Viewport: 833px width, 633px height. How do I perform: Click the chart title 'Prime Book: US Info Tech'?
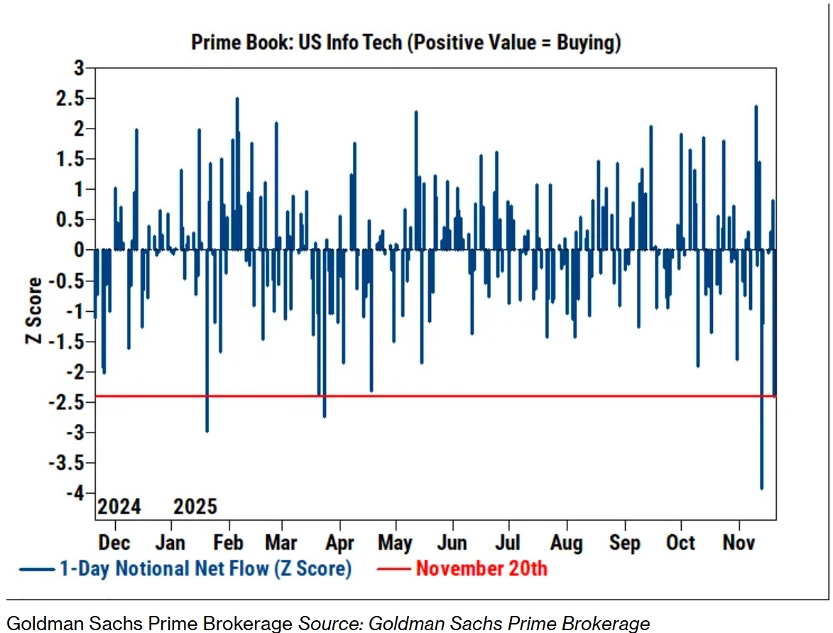pos(405,43)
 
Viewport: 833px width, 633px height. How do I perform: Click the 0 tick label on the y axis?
pos(79,250)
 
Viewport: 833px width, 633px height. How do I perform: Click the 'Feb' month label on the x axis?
pos(229,543)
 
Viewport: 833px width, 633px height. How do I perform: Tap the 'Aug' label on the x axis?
pos(566,543)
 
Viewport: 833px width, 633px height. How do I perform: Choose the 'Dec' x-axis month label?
pos(114,543)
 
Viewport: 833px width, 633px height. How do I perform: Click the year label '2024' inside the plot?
pos(119,507)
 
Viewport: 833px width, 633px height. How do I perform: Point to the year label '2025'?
pos(195,507)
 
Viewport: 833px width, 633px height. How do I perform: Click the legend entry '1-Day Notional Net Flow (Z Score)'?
pos(205,568)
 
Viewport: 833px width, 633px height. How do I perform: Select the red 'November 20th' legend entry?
pos(481,568)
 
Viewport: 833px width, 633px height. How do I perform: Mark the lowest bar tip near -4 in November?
pos(761,489)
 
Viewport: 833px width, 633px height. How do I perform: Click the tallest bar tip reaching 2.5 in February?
pos(237,99)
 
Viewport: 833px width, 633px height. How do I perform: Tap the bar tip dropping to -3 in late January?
pos(207,431)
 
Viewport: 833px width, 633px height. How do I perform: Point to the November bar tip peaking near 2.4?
pos(756,106)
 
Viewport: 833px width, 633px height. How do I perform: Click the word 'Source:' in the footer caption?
pos(331,624)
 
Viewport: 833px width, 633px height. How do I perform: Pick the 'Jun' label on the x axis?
pos(452,543)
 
